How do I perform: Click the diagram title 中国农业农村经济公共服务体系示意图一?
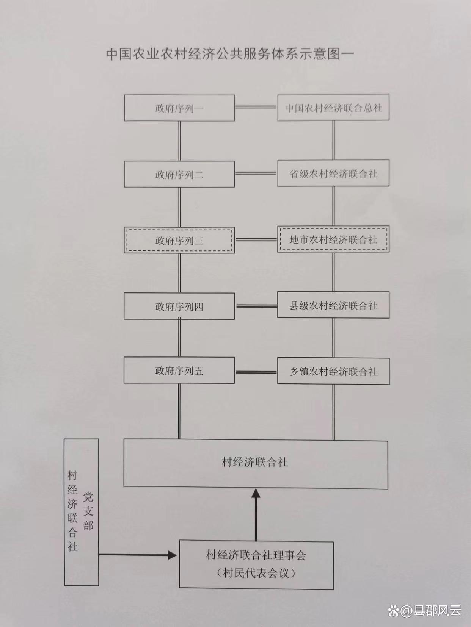click(x=230, y=53)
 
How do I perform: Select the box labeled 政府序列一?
click(x=179, y=108)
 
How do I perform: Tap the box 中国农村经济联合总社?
click(x=333, y=108)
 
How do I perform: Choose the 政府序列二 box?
click(x=179, y=174)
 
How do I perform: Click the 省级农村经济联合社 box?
click(x=333, y=174)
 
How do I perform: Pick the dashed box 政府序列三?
click(x=179, y=240)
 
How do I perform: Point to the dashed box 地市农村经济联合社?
click(x=333, y=239)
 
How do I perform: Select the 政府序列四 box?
click(x=179, y=306)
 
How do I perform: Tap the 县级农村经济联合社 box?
click(x=333, y=305)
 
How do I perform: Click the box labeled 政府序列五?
click(x=179, y=370)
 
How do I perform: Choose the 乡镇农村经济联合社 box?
click(x=333, y=371)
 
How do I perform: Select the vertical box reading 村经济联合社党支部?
click(x=81, y=512)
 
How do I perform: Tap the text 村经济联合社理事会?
click(x=256, y=555)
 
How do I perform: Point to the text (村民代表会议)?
click(x=256, y=573)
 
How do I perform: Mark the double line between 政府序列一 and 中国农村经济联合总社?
click(x=256, y=108)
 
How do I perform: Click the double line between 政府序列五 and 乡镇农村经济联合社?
click(x=256, y=371)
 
